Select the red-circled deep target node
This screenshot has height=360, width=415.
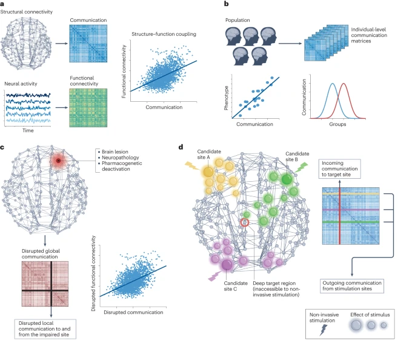pyautogui.click(x=245, y=222)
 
